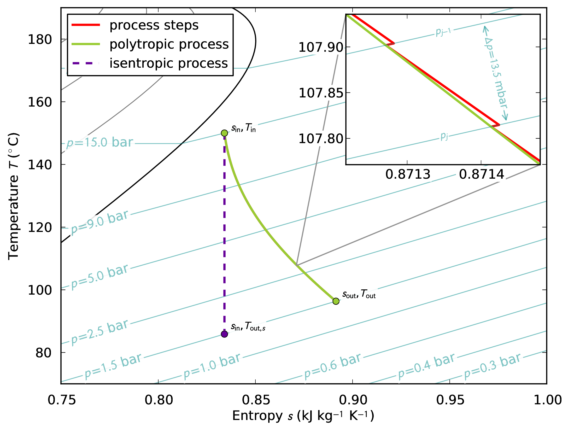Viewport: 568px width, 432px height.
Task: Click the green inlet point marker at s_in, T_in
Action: (x=224, y=133)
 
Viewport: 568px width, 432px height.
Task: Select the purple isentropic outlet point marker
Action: (x=224, y=334)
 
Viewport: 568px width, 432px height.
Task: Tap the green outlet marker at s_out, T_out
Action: (x=336, y=301)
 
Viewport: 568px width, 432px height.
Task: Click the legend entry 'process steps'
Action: (x=154, y=25)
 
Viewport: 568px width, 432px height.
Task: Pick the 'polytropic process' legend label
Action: (x=169, y=44)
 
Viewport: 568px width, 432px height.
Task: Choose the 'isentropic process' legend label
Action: (x=168, y=63)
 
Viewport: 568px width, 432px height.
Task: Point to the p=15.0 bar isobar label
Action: (x=100, y=143)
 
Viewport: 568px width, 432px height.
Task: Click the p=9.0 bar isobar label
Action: (x=100, y=222)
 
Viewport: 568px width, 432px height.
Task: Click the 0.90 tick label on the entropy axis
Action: (x=353, y=400)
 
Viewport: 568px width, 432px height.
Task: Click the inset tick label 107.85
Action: (x=321, y=93)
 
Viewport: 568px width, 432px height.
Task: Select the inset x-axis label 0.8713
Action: (x=408, y=174)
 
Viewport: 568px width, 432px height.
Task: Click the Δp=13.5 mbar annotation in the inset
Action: (x=496, y=73)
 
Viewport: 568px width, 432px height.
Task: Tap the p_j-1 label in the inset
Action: (x=443, y=32)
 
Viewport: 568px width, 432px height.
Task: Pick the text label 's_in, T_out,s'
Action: (x=248, y=326)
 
